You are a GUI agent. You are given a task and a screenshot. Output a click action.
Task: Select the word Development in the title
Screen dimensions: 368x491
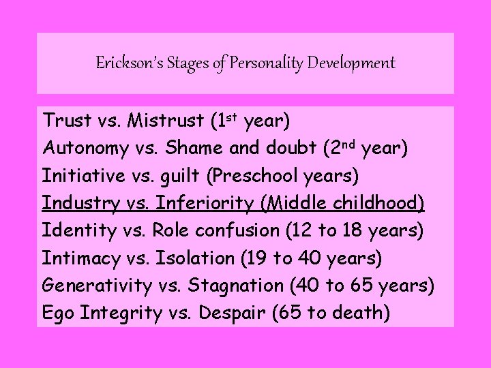tap(351, 64)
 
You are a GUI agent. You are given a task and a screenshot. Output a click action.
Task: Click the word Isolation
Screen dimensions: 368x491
tap(195, 259)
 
